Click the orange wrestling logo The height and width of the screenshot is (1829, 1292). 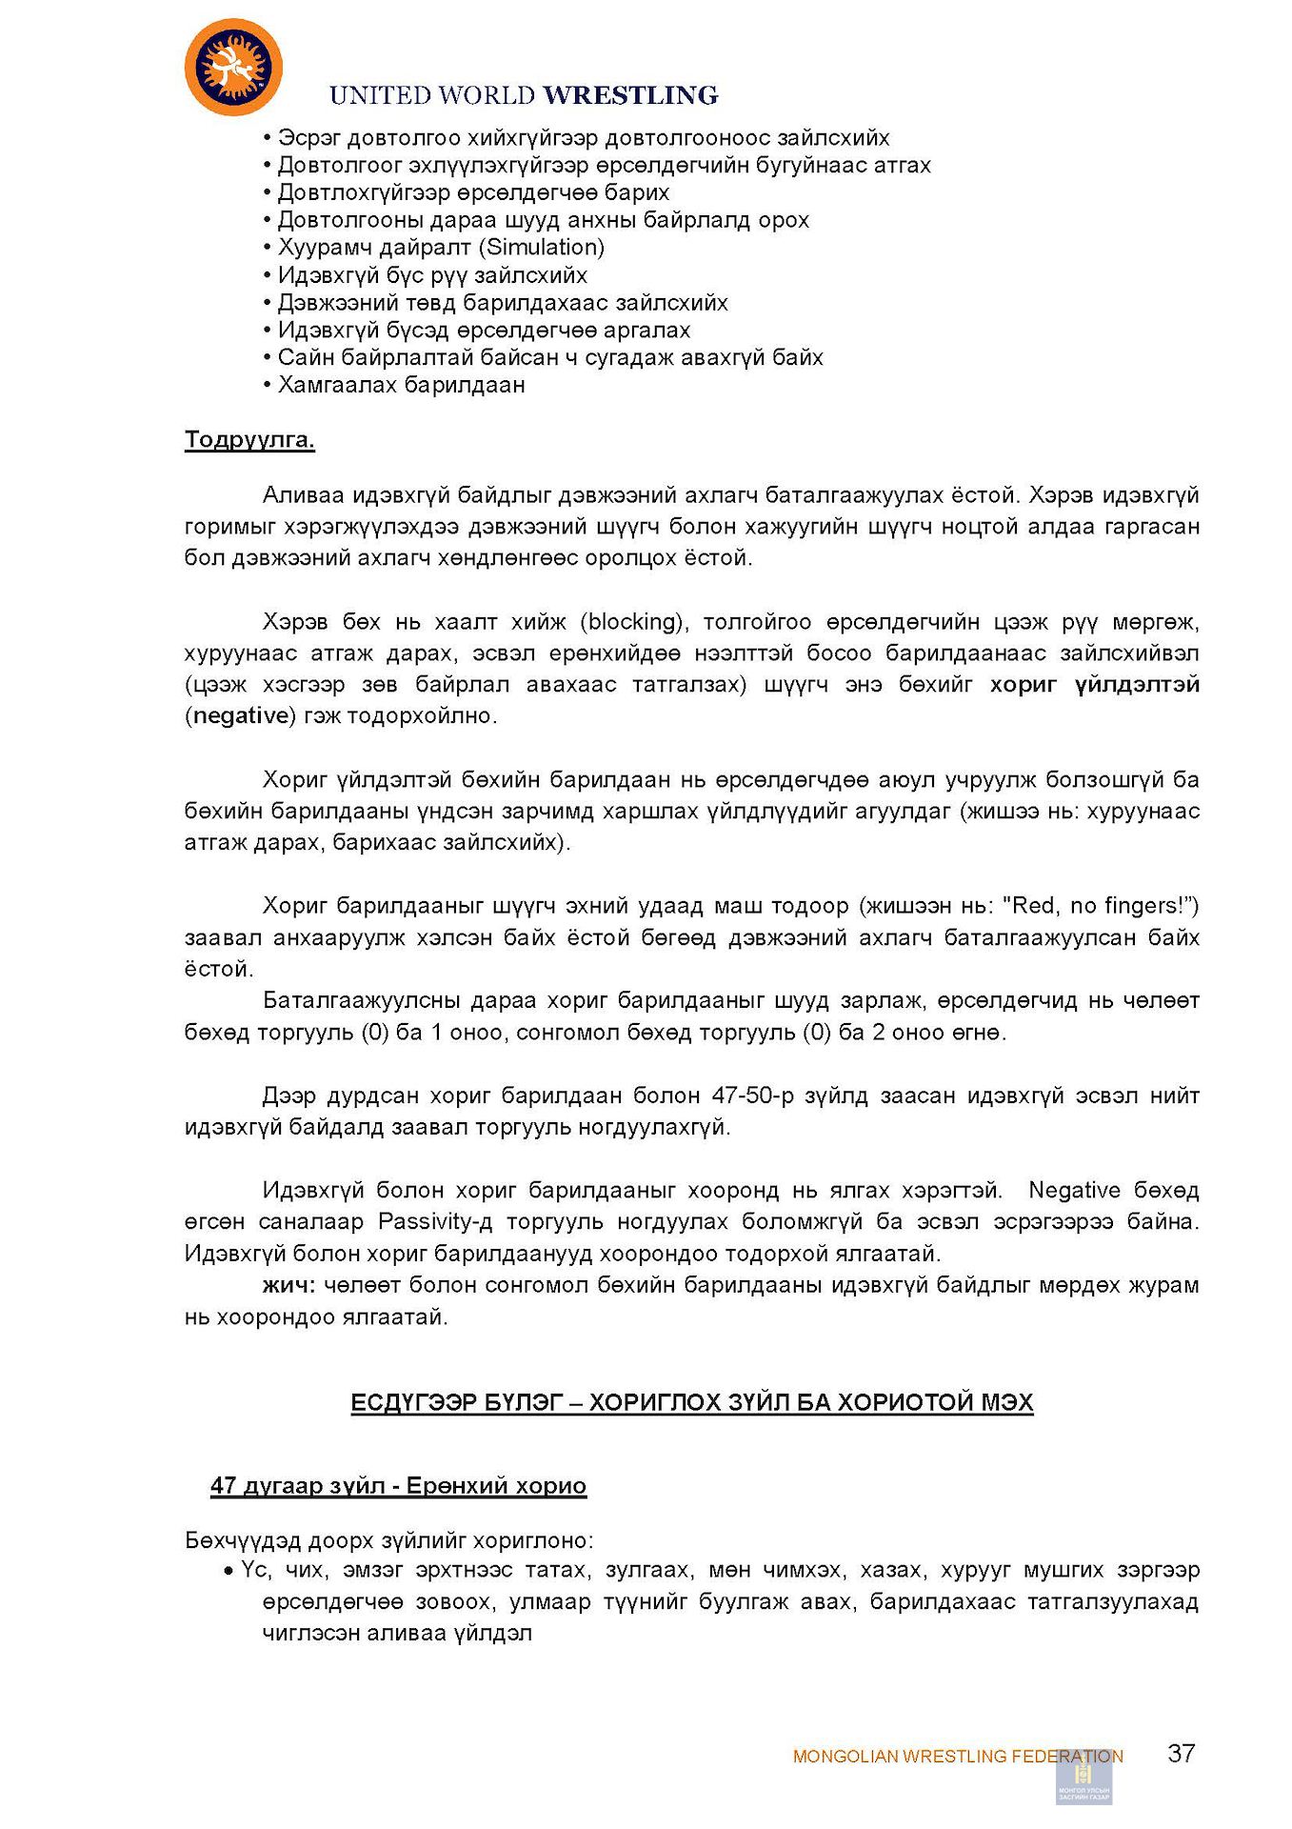(x=233, y=67)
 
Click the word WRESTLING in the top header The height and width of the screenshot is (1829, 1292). (x=630, y=95)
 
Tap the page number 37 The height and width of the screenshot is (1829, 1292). (x=1181, y=1752)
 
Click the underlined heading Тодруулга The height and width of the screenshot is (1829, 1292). (x=249, y=440)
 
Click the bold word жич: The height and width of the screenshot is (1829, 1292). (x=289, y=1285)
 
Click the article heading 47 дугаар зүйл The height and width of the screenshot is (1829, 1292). (x=293, y=1486)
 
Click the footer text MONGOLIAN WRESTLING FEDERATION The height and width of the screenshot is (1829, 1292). (x=958, y=1756)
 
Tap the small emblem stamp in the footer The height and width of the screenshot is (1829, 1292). (x=1083, y=1777)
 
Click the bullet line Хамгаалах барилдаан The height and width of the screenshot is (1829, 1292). (x=401, y=385)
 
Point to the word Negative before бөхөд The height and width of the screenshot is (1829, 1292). (x=1074, y=1190)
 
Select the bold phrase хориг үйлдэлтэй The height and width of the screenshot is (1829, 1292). (x=1094, y=685)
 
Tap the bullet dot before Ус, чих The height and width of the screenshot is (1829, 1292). (x=229, y=1571)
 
